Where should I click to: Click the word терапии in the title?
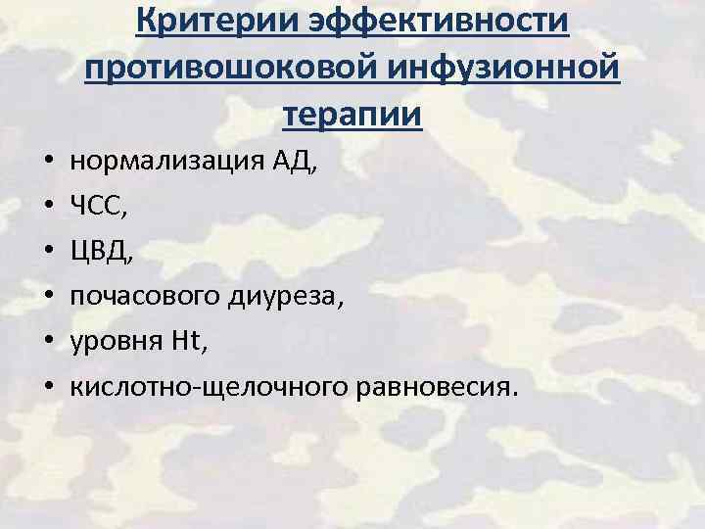tap(352, 116)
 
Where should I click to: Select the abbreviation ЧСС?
tap(95, 206)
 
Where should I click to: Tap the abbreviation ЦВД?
tap(97, 250)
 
